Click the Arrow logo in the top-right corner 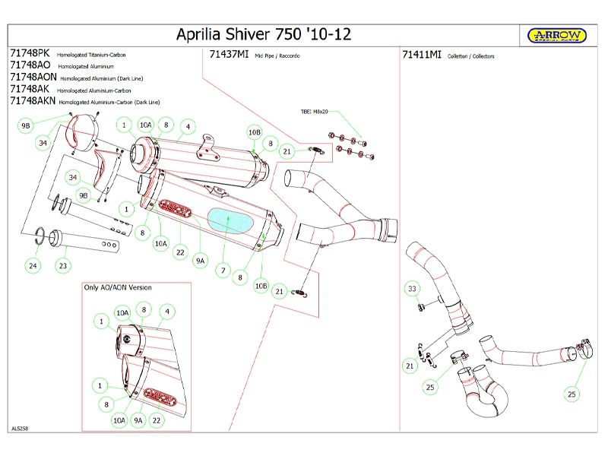coord(557,35)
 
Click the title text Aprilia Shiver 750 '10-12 coord(264,35)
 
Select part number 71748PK coord(30,55)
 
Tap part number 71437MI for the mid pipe coord(229,55)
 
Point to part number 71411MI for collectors coord(421,55)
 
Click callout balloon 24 coord(33,266)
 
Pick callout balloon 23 coord(63,266)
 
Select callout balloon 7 coord(223,270)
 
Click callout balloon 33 coord(412,290)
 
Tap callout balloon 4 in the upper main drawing coord(186,125)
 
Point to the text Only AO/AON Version coord(117,287)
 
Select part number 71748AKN coord(32,100)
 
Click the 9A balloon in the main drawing coord(201,261)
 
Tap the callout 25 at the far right coord(571,394)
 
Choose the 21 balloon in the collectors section coord(411,366)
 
